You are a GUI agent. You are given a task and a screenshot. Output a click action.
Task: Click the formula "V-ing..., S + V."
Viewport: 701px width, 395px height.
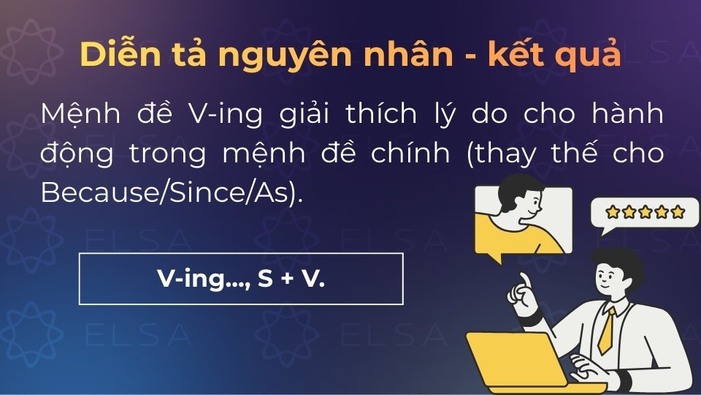[x=240, y=278]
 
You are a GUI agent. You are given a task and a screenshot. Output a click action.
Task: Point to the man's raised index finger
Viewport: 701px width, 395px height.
[x=524, y=280]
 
